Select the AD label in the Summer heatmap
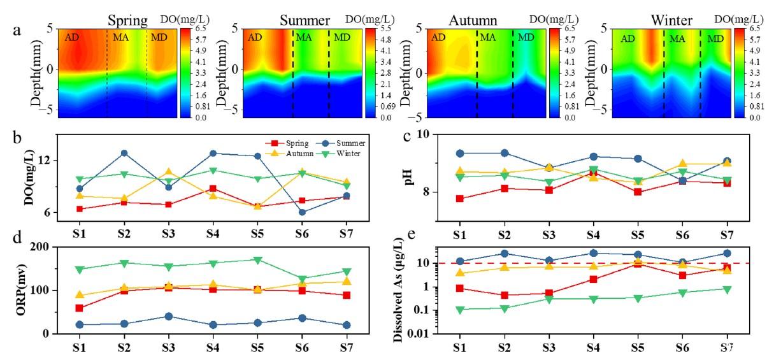[255, 38]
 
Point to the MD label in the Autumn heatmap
[526, 38]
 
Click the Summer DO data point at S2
[124, 153]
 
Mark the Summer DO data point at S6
[302, 212]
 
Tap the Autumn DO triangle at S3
[168, 172]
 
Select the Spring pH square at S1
[459, 199]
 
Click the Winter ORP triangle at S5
[257, 260]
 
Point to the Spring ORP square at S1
[79, 308]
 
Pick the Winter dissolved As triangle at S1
[459, 310]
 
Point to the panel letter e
[412, 236]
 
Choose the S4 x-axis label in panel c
[593, 234]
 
